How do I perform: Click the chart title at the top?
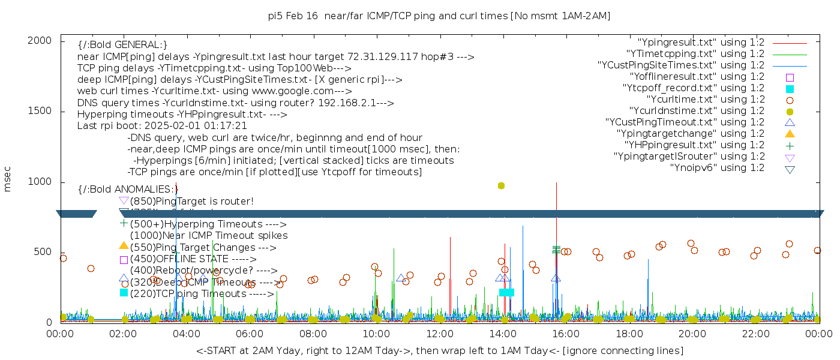pos(439,16)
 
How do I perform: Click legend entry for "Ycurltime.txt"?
pos(706,100)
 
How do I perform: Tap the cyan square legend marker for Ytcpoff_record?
pos(790,89)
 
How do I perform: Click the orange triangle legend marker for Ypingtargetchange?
pos(790,134)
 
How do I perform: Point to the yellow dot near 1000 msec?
pos(502,186)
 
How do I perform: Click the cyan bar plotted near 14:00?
pos(507,292)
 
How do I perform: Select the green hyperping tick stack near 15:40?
pos(556,249)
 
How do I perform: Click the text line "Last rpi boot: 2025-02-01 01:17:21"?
pos(162,126)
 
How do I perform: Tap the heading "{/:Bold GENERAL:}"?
pos(122,45)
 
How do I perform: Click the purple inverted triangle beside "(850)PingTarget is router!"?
pos(124,201)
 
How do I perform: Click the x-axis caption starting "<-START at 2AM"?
pos(439,350)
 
